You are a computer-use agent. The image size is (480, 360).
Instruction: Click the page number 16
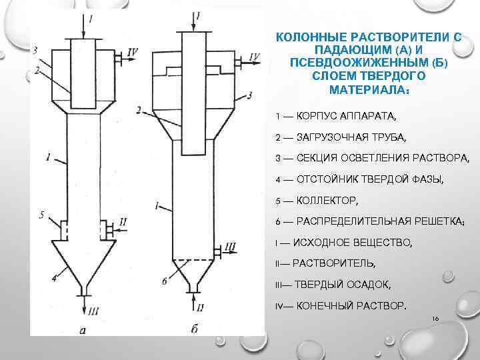(x=435, y=319)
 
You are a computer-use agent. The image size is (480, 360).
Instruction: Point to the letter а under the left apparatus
(x=81, y=329)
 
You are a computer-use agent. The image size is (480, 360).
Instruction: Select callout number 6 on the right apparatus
(x=163, y=282)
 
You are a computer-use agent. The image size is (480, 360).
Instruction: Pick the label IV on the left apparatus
(x=133, y=51)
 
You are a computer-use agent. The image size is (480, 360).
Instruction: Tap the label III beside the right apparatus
(x=230, y=247)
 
